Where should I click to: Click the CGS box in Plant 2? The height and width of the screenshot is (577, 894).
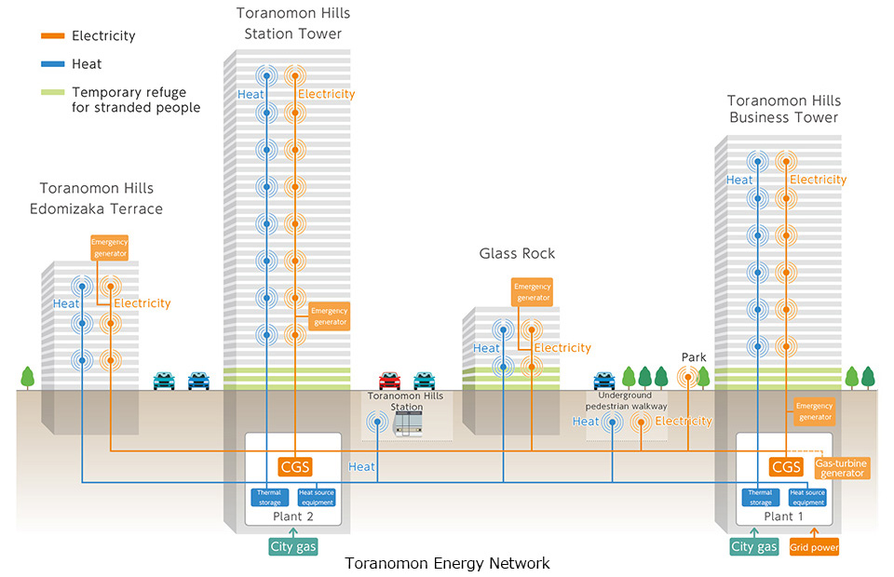[x=294, y=466]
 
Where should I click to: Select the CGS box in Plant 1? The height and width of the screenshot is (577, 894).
[x=786, y=466]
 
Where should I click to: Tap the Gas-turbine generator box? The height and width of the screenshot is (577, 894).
[x=842, y=467]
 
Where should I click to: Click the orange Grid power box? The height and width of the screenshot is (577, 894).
[x=815, y=547]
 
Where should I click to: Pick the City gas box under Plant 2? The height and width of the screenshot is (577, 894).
[x=293, y=546]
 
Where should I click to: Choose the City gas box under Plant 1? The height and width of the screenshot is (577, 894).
[x=753, y=546]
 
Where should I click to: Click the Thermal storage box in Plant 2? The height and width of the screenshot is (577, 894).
[x=269, y=497]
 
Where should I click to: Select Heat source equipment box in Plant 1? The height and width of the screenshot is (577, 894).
[x=807, y=497]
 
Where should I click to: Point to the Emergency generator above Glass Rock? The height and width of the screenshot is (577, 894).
[x=532, y=292]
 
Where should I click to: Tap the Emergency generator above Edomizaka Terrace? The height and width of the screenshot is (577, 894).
[x=109, y=248]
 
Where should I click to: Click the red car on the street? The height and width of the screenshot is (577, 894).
[x=389, y=380]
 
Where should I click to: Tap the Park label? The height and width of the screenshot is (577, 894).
[x=694, y=356]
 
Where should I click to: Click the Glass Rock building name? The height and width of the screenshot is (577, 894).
[x=517, y=253]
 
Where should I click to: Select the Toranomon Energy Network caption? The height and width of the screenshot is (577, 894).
[x=447, y=563]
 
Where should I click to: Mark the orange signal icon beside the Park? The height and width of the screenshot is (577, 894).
[x=688, y=376]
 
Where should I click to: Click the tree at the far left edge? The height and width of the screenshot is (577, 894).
[x=27, y=377]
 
